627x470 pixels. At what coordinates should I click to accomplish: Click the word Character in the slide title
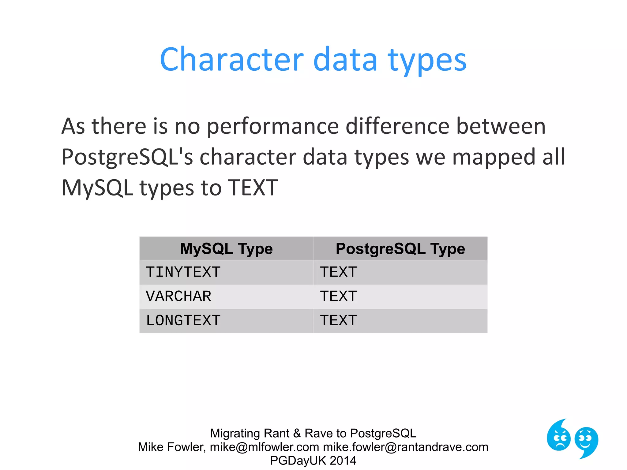click(231, 59)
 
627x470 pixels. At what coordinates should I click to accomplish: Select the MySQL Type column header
click(226, 248)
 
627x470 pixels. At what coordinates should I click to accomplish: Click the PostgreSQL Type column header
click(400, 248)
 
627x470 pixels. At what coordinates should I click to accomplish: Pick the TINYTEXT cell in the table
click(183, 272)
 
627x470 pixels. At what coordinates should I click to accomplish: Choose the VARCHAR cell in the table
click(178, 296)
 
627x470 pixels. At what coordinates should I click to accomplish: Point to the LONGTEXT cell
click(183, 321)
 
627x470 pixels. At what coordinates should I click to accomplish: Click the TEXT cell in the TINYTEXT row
click(338, 272)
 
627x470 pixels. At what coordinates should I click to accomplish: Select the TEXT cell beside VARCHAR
click(338, 296)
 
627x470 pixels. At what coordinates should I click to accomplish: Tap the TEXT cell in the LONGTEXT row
click(338, 321)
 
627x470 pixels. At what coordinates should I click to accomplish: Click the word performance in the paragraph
click(273, 126)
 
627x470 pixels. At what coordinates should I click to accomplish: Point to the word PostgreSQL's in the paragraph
click(127, 157)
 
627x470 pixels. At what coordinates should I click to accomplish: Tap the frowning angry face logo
click(559, 436)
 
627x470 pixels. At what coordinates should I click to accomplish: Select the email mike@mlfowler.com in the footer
click(264, 447)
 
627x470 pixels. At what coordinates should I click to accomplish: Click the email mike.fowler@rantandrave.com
click(406, 447)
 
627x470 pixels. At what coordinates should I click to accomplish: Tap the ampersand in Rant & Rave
click(297, 433)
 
